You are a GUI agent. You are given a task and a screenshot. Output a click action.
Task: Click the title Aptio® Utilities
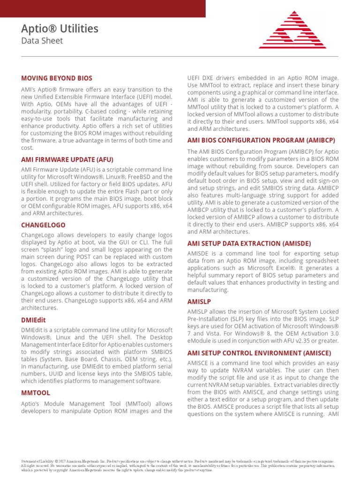coord(60,29)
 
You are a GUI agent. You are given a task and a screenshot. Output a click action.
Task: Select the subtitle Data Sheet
coord(42,41)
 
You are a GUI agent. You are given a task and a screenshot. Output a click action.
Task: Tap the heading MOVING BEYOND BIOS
coord(57,78)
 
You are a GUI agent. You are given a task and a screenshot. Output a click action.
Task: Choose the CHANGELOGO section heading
coord(43,225)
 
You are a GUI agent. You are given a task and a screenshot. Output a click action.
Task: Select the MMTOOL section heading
coord(36,393)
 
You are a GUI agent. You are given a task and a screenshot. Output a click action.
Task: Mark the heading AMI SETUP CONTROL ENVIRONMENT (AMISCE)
coord(259,352)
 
